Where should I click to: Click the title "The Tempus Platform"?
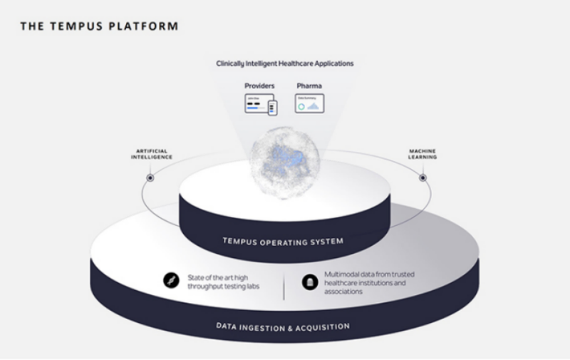point(99,26)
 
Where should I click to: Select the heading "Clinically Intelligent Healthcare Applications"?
point(285,63)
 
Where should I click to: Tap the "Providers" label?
point(260,86)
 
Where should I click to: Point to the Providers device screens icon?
point(261,105)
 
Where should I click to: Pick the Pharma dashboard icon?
point(309,104)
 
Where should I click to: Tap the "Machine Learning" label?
point(423,154)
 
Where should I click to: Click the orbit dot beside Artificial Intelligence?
point(150,178)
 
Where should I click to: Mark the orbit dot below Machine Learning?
point(423,178)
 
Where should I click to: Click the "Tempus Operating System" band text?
point(284,242)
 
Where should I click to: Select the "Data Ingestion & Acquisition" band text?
point(283,326)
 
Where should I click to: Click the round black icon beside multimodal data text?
point(309,282)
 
